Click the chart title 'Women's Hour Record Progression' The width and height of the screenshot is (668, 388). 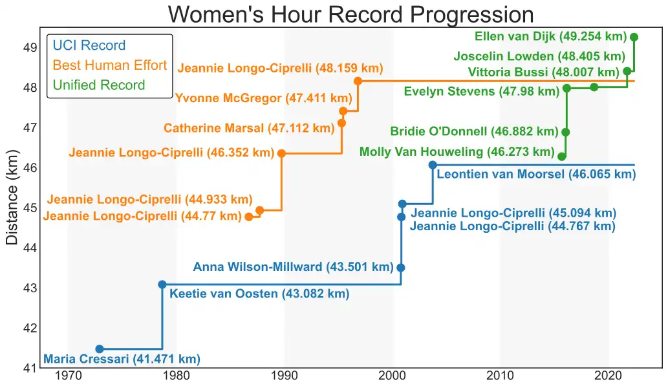pyautogui.click(x=351, y=14)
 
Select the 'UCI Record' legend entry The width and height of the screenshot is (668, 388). pyautogui.click(x=89, y=46)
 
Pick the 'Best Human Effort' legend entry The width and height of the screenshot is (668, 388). pyautogui.click(x=110, y=65)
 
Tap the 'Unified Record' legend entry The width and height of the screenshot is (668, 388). pyautogui.click(x=99, y=85)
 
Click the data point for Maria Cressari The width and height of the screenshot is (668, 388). pyautogui.click(x=100, y=349)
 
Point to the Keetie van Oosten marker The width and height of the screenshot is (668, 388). pyautogui.click(x=162, y=285)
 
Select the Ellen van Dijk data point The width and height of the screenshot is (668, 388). pyautogui.click(x=634, y=37)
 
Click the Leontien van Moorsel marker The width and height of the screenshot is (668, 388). pyautogui.click(x=433, y=165)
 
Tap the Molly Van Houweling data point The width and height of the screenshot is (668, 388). pyautogui.click(x=562, y=156)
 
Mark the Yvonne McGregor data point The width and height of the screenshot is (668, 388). pyautogui.click(x=343, y=111)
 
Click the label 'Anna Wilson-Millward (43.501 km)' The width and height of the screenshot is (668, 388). pyautogui.click(x=293, y=267)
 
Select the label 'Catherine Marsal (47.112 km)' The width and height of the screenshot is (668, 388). pyautogui.click(x=249, y=129)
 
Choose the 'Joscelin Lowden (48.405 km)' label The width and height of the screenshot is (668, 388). pyautogui.click(x=539, y=57)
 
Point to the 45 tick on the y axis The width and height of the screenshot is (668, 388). pyautogui.click(x=30, y=208)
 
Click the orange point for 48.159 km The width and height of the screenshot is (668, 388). pyautogui.click(x=358, y=81)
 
